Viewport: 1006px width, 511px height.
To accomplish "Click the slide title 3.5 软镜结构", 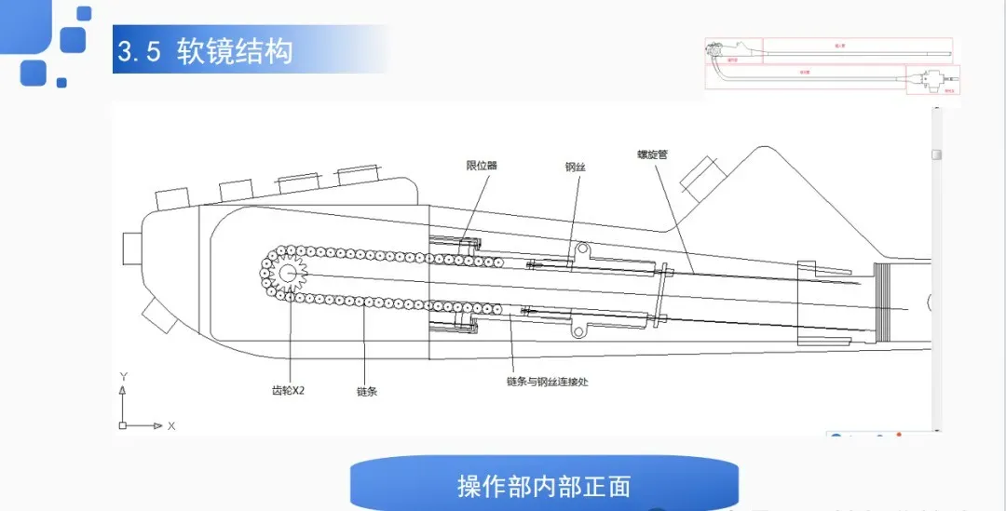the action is (x=205, y=50).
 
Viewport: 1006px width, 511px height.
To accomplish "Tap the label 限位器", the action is (x=482, y=166).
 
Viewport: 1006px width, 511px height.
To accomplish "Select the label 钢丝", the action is (x=576, y=168).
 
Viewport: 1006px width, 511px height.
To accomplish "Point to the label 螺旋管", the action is (x=652, y=155).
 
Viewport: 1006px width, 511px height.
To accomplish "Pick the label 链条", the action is (x=367, y=392).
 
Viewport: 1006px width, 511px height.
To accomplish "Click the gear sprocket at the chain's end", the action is (x=287, y=273).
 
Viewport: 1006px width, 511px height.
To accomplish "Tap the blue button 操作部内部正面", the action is (x=544, y=486).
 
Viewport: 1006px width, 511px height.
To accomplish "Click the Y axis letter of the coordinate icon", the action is (x=123, y=376).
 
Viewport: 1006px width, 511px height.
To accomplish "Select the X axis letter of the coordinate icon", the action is (x=171, y=425).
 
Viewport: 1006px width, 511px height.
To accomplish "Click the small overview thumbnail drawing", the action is (x=832, y=65).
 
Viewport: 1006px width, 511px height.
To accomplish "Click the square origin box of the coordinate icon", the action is (x=122, y=425).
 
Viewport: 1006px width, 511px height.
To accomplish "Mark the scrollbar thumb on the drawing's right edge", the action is (x=938, y=155).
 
